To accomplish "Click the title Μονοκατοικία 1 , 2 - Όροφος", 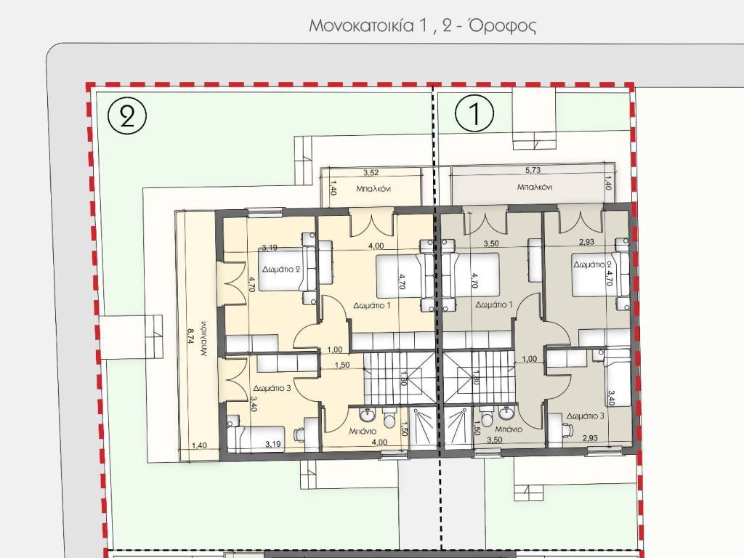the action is (x=422, y=25).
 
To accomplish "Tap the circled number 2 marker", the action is (x=127, y=116).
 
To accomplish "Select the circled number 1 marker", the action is (x=474, y=114).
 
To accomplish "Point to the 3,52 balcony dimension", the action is (x=371, y=173).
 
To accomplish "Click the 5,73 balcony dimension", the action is (x=533, y=170).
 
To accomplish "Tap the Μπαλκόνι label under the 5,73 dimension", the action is (x=535, y=187).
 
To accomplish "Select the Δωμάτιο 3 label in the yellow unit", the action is (x=272, y=388).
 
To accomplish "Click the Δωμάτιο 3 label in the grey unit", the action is (x=585, y=416).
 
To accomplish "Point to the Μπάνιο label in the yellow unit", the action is (x=363, y=431).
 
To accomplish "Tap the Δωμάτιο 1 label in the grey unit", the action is (x=494, y=304).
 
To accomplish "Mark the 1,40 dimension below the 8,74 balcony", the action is (x=199, y=445).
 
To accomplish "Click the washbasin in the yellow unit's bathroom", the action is (x=368, y=415).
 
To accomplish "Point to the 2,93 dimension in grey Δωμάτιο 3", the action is (x=589, y=438).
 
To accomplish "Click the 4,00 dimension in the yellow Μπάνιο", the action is (x=379, y=442).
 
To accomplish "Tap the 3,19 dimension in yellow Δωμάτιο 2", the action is (x=270, y=247).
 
